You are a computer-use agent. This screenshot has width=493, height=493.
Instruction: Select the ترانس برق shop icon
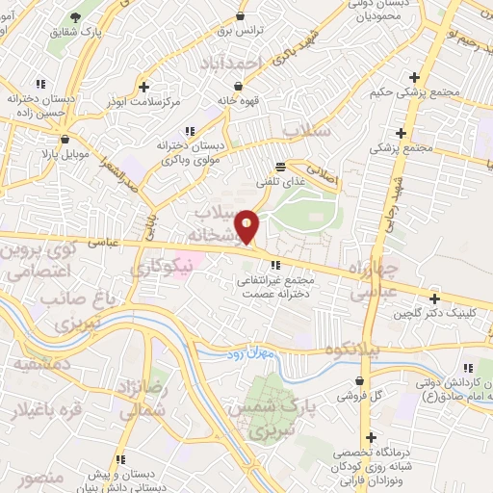pyautogui.click(x=240, y=15)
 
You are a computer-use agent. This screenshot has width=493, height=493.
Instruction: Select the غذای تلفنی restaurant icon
pyautogui.click(x=280, y=166)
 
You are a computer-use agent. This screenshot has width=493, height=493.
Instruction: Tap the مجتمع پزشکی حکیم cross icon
pyautogui.click(x=414, y=77)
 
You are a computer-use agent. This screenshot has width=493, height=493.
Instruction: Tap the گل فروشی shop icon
pyautogui.click(x=343, y=395)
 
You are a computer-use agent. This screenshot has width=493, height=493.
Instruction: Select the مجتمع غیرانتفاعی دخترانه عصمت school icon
pyautogui.click(x=275, y=265)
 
